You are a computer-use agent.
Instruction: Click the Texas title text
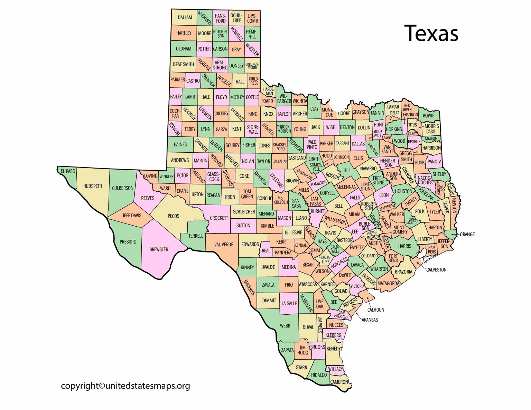click(x=431, y=33)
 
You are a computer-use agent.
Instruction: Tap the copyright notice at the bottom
click(x=125, y=385)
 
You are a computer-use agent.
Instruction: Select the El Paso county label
click(x=68, y=171)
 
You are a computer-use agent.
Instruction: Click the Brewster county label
click(x=159, y=249)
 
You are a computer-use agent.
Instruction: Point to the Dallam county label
click(x=185, y=17)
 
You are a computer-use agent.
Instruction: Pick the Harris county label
click(x=404, y=246)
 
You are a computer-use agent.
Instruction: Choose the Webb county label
click(x=285, y=326)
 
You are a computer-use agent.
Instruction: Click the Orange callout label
click(x=467, y=235)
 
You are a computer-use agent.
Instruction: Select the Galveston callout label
click(x=436, y=270)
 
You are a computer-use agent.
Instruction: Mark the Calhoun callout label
click(x=376, y=310)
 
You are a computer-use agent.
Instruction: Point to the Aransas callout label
click(x=370, y=320)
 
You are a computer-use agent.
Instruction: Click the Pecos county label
click(x=174, y=216)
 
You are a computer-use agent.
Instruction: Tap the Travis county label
click(x=330, y=233)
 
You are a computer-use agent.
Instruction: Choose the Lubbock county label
click(x=205, y=113)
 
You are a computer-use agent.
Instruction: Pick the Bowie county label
click(x=429, y=116)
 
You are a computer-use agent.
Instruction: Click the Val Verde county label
click(x=224, y=245)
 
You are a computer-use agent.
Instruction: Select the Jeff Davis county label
click(x=132, y=216)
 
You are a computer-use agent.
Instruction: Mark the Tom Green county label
click(x=247, y=194)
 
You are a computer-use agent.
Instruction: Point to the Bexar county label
click(x=308, y=265)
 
